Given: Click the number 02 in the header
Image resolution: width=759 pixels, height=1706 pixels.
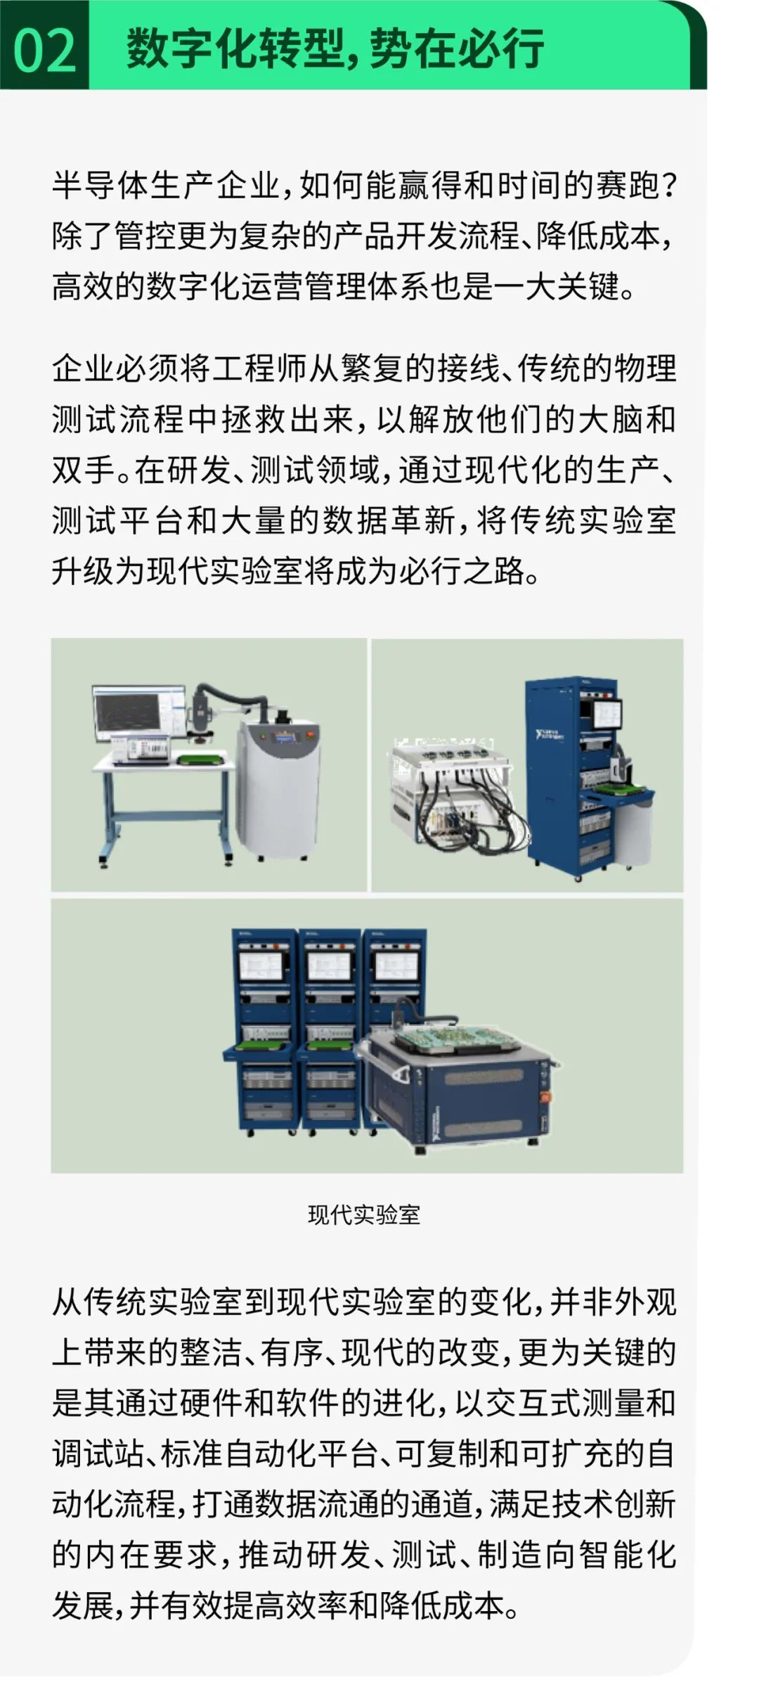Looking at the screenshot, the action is [44, 51].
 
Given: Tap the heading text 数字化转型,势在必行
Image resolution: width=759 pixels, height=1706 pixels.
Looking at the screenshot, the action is [335, 49].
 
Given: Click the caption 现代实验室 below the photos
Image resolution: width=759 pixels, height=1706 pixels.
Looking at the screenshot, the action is [364, 1214].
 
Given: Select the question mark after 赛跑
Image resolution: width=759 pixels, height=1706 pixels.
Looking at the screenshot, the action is [668, 185].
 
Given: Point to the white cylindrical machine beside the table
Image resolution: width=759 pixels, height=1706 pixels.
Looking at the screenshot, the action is [280, 787].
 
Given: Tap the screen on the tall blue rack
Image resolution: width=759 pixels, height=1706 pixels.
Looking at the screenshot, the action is [606, 714].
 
